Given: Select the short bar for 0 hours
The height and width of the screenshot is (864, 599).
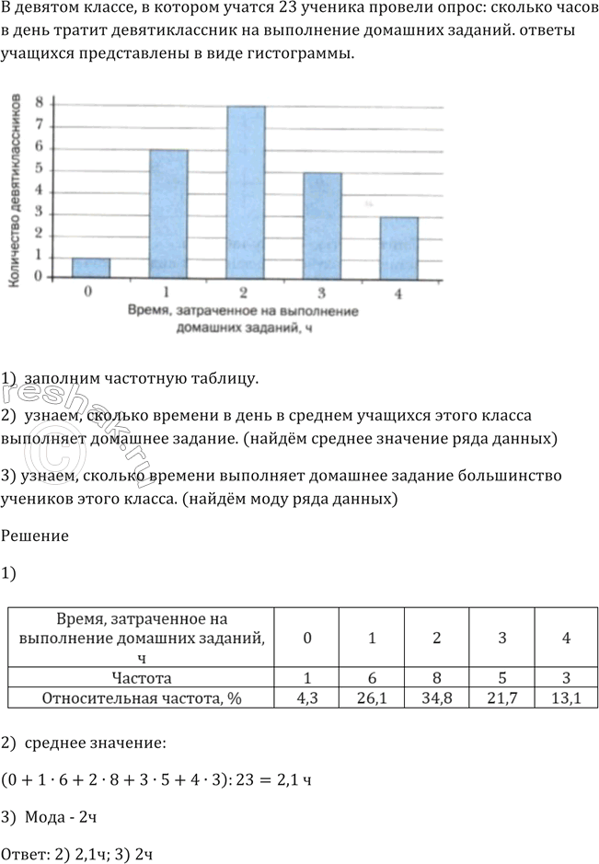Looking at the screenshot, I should pos(91,267).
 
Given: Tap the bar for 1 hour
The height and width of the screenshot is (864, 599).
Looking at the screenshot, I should pos(168,213).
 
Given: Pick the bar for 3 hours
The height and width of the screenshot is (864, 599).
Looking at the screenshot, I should pos(323,225).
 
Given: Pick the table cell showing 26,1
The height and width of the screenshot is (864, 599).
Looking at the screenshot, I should pos(371,698).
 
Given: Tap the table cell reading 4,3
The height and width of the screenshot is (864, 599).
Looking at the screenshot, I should pos(307,698).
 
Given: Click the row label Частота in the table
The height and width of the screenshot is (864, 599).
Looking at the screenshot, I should pos(142,678).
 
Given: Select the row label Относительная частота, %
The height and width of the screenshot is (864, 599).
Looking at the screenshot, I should pos(142,698).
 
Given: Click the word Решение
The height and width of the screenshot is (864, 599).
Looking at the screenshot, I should pos(35,536).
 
